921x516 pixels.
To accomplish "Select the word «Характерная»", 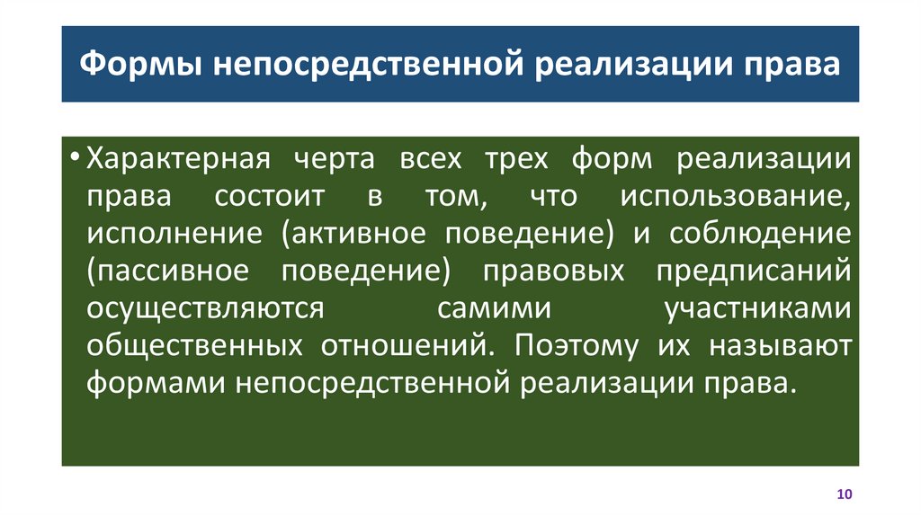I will pyautogui.click(x=178, y=160).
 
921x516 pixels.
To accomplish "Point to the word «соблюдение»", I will pyautogui.click(x=759, y=235).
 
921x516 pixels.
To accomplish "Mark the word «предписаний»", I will pyautogui.click(x=754, y=271).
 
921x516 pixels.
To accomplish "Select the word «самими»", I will pyautogui.click(x=494, y=308).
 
